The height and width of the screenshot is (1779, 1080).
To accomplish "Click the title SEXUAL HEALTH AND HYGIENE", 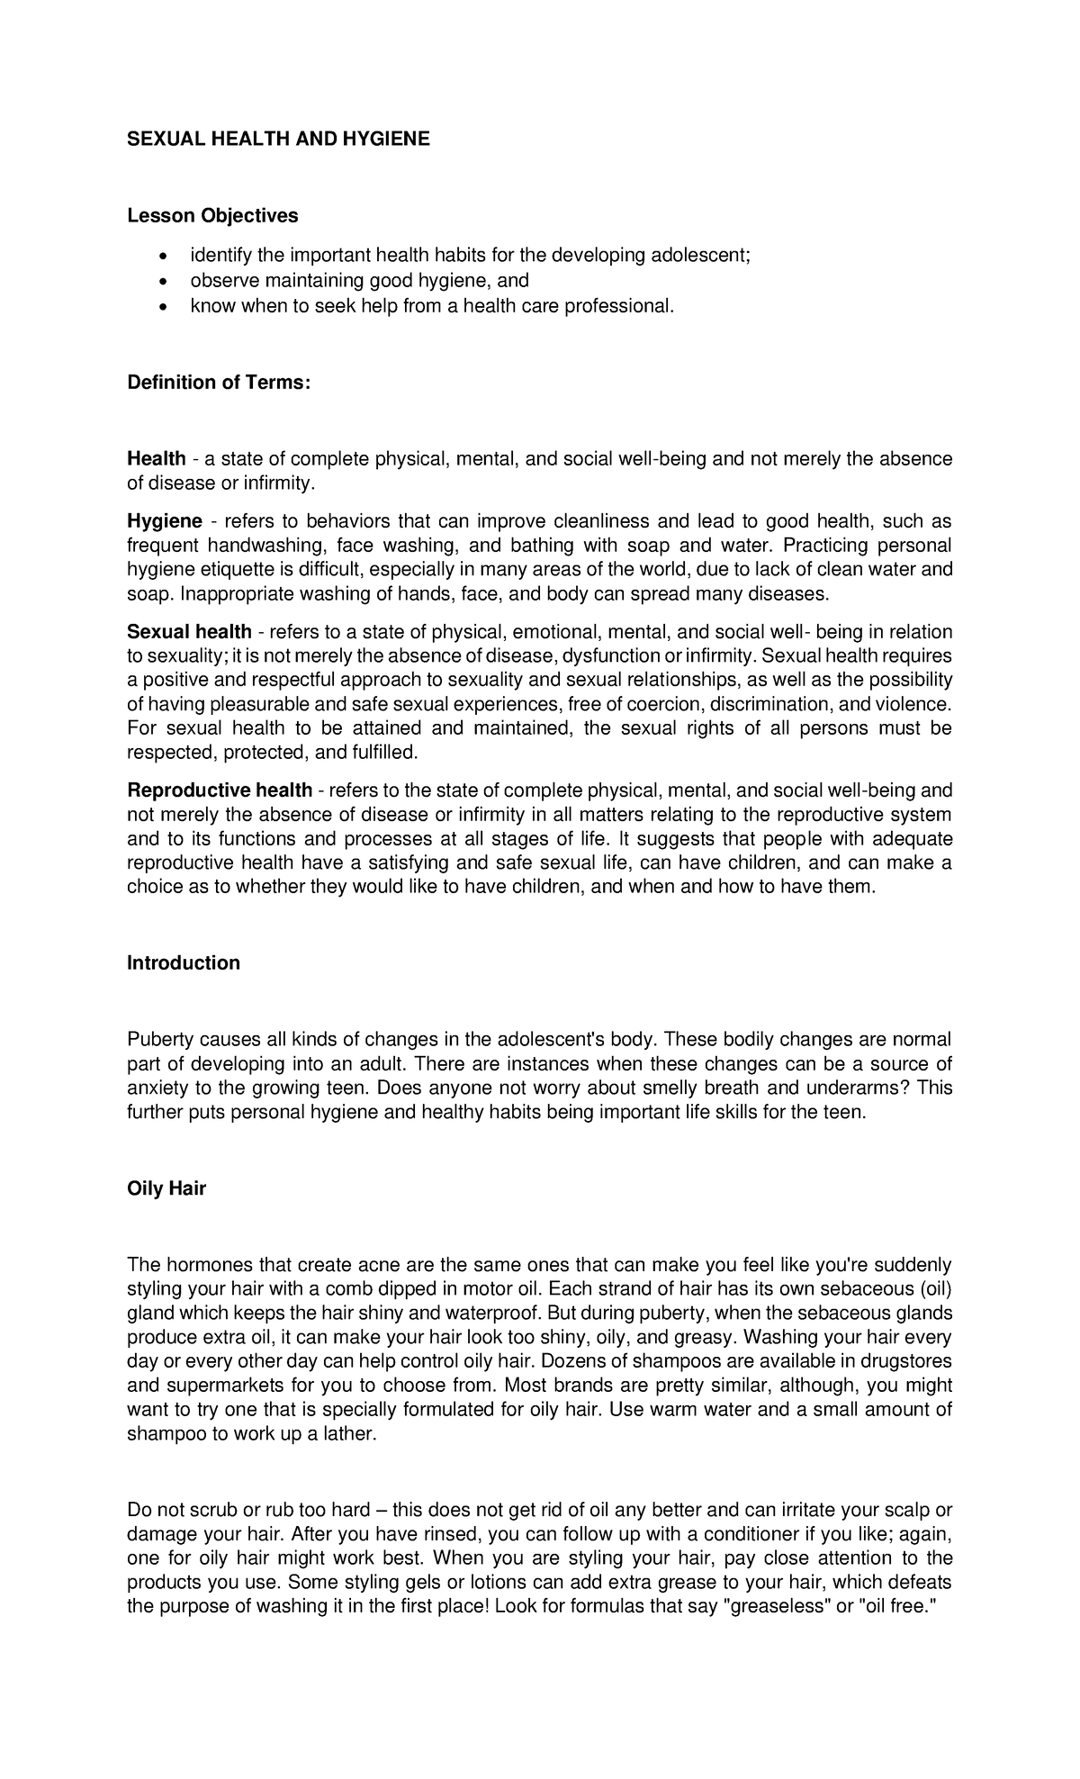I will [278, 139].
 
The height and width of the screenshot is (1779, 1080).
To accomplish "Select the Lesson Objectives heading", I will [212, 216].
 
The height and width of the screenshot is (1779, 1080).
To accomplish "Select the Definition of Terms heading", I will [219, 383].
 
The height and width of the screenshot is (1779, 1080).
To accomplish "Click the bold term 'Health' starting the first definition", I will [157, 459].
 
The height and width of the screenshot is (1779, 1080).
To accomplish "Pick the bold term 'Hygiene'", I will [165, 521].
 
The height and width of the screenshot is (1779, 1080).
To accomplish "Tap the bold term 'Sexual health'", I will [189, 632].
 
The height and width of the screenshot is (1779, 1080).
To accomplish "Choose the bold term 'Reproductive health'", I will [220, 790].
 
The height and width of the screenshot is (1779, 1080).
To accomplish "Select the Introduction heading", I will [184, 963].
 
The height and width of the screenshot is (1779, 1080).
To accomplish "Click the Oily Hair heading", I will [166, 1188].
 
